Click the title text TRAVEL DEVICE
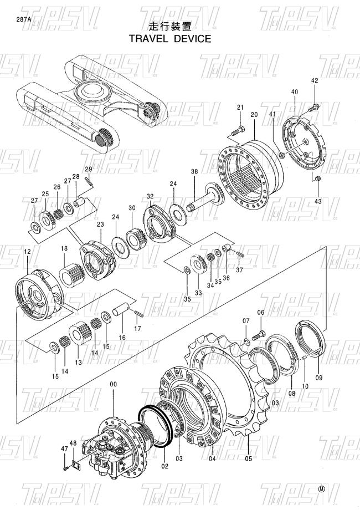(x=170, y=39)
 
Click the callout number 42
(x=315, y=81)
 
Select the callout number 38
(x=194, y=171)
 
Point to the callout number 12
(x=27, y=251)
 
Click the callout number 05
(x=249, y=458)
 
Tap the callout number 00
(x=113, y=385)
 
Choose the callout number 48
(x=73, y=443)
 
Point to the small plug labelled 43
(x=318, y=178)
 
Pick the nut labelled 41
(x=282, y=155)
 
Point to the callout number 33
(x=198, y=293)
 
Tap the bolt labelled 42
(x=313, y=107)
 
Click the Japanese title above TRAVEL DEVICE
(x=170, y=27)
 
